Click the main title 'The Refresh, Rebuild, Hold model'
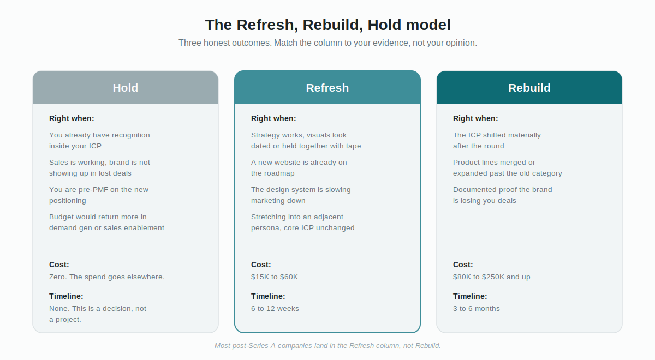pyautogui.click(x=327, y=25)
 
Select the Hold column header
pyautogui.click(x=126, y=87)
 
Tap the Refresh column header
pyautogui.click(x=327, y=87)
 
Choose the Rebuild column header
pyautogui.click(x=529, y=87)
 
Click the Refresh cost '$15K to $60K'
pyautogui.click(x=274, y=277)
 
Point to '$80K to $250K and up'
pyautogui.click(x=492, y=277)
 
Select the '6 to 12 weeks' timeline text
pyautogui.click(x=275, y=309)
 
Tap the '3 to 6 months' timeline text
pyautogui.click(x=477, y=309)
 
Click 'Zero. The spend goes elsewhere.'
pyautogui.click(x=107, y=277)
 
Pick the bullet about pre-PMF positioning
pyautogui.click(x=99, y=195)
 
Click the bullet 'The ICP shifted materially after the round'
pyautogui.click(x=497, y=141)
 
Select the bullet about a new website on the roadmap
pyautogui.click(x=299, y=168)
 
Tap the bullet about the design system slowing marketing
pyautogui.click(x=301, y=195)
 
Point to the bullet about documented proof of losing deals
pyautogui.click(x=502, y=195)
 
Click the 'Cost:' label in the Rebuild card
pyautogui.click(x=463, y=265)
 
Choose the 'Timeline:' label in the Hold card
pyautogui.click(x=66, y=296)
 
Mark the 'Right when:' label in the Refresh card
pyautogui.click(x=273, y=118)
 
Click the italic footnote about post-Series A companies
pyautogui.click(x=327, y=346)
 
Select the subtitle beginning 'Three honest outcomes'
pyautogui.click(x=327, y=43)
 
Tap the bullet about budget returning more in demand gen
pyautogui.click(x=106, y=223)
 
